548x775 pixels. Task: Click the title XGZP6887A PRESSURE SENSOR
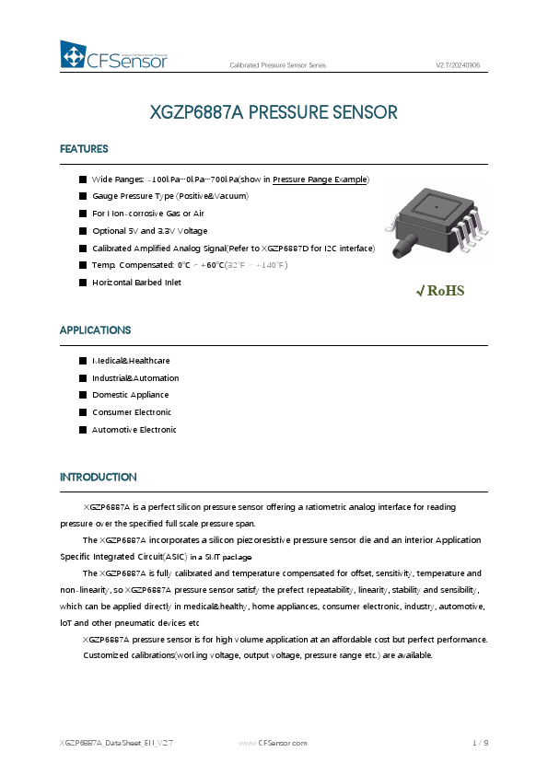[x=274, y=113]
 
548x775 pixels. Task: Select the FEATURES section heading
[x=84, y=149]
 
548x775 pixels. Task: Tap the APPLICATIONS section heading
[x=95, y=330]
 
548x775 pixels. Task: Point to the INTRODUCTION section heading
[x=98, y=477]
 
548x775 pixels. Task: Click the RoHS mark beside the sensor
[x=441, y=291]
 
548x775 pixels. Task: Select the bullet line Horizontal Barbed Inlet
[x=136, y=283]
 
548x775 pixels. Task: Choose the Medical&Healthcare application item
[x=131, y=361]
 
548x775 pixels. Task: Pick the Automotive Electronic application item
[x=134, y=430]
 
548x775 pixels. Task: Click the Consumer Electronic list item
[x=132, y=412]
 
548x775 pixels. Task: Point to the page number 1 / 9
[x=480, y=742]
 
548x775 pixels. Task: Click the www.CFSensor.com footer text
[x=273, y=742]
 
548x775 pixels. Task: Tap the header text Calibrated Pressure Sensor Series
[x=277, y=65]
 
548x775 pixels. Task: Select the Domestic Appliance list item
[x=130, y=395]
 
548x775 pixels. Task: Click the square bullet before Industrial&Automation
[x=83, y=378]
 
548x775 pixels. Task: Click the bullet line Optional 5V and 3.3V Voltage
[x=149, y=231]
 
